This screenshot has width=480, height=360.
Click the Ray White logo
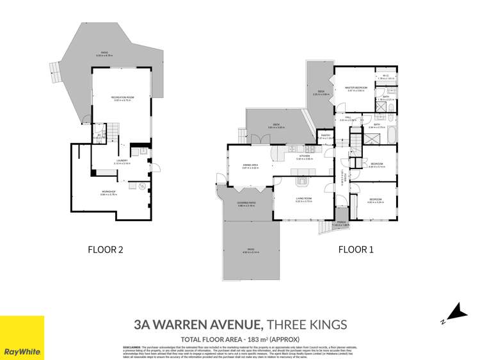22,338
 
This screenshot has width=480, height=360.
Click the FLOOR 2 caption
106,250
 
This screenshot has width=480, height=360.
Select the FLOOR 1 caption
354,250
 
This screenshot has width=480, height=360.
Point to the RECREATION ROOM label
122,97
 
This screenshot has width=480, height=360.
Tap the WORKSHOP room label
108,191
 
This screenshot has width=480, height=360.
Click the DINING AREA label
250,165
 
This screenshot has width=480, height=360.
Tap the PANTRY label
325,135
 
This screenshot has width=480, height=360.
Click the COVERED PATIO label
247,202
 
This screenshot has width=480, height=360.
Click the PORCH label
340,222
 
